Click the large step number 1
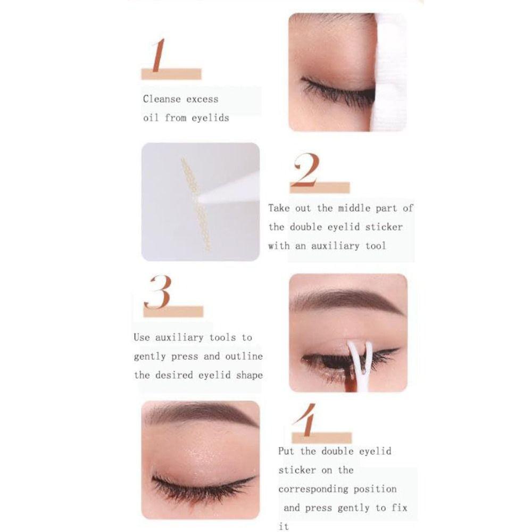pyautogui.click(x=158, y=55)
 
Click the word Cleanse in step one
pyautogui.click(x=162, y=99)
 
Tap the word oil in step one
pyautogui.click(x=151, y=118)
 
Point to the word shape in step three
pyautogui.click(x=250, y=375)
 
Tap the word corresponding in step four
pyautogui.click(x=313, y=489)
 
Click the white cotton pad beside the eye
pyautogui.click(x=390, y=74)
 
